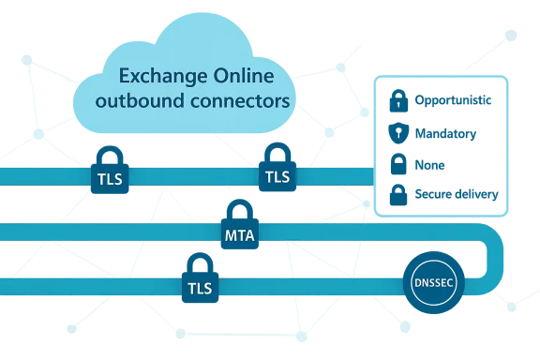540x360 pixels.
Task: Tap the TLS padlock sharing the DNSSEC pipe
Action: click(201, 277)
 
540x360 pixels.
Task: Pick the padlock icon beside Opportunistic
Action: click(397, 100)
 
